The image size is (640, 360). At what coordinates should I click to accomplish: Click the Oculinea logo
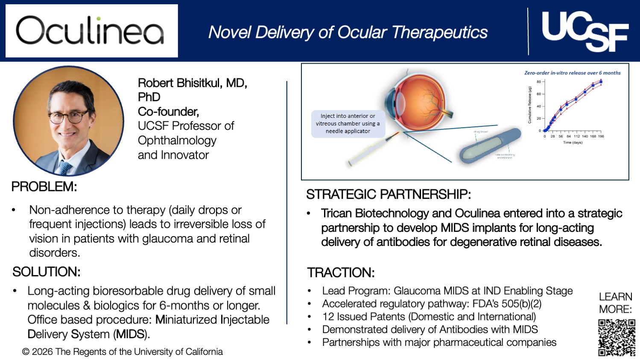click(x=91, y=31)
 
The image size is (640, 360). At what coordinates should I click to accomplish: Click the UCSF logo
click(x=584, y=31)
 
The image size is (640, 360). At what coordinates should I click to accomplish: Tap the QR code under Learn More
click(x=617, y=337)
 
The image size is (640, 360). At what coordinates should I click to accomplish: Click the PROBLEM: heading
click(x=44, y=187)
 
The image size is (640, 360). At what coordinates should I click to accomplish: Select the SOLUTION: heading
click(x=46, y=272)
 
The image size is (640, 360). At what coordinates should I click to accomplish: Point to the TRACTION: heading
click(x=341, y=272)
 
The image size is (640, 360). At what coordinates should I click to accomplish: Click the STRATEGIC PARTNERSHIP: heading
click(x=388, y=194)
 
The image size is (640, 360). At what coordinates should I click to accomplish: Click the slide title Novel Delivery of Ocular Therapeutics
click(x=348, y=32)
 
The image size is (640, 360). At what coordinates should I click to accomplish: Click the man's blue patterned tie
click(x=65, y=167)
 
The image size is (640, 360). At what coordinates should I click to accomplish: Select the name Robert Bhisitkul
click(x=192, y=83)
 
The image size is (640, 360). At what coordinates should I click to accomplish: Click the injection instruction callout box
click(x=348, y=123)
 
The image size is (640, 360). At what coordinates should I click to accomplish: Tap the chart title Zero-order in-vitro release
click(x=572, y=73)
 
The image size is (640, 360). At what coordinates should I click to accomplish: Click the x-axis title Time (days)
click(x=572, y=142)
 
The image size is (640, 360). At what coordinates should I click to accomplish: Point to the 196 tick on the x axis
click(x=601, y=136)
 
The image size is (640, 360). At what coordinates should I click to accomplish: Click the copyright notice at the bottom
click(x=123, y=351)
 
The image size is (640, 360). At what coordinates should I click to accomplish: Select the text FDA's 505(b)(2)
click(x=507, y=304)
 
